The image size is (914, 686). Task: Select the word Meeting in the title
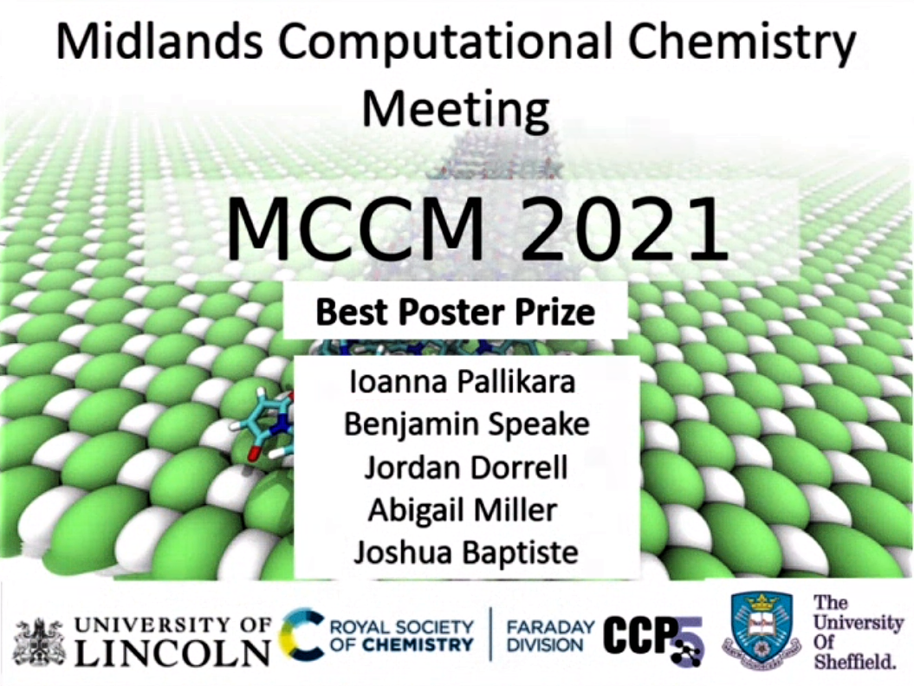click(x=456, y=111)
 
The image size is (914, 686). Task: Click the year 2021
click(x=624, y=229)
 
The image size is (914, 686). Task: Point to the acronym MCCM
click(x=355, y=229)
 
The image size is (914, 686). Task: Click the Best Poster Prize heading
click(x=455, y=312)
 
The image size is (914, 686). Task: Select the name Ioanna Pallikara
click(x=463, y=381)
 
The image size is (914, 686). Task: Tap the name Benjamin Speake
click(x=466, y=424)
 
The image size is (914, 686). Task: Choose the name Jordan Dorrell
click(x=466, y=467)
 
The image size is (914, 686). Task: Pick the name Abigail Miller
click(x=463, y=510)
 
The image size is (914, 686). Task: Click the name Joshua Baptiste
click(x=466, y=553)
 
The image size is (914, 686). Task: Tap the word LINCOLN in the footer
click(x=172, y=652)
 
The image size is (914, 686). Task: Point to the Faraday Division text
click(x=551, y=636)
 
